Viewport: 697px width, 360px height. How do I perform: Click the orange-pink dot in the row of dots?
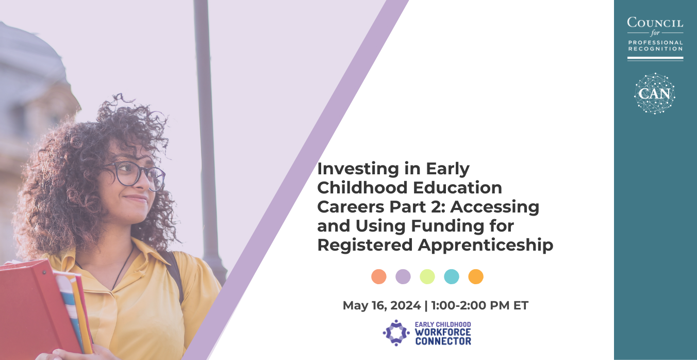(x=379, y=276)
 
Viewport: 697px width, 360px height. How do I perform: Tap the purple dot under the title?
(x=403, y=276)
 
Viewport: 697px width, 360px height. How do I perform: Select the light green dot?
(x=427, y=276)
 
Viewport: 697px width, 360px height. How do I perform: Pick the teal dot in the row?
(x=452, y=276)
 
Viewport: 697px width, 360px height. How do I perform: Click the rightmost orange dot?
(x=476, y=276)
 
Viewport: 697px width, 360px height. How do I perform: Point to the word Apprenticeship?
(x=486, y=246)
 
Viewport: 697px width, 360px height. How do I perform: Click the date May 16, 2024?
(x=381, y=305)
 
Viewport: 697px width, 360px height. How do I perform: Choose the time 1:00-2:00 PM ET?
(x=480, y=305)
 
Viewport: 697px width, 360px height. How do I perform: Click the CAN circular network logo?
(x=655, y=93)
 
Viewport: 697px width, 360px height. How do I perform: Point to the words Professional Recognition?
(x=656, y=45)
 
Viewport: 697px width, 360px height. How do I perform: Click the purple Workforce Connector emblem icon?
(x=396, y=333)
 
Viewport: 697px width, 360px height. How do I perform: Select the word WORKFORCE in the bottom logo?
(x=443, y=333)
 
